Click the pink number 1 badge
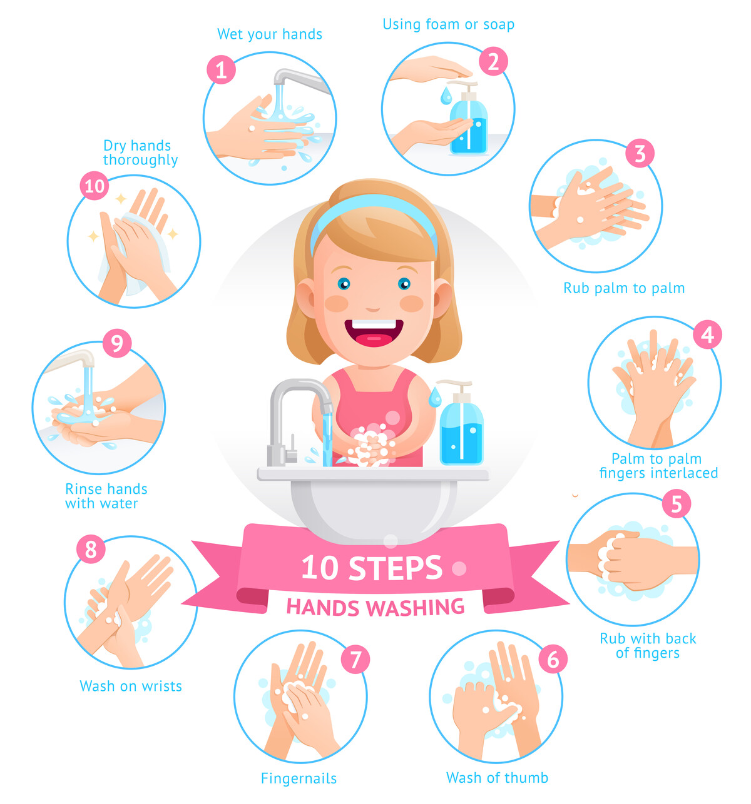click(221, 69)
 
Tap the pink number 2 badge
click(494, 61)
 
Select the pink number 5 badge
click(676, 504)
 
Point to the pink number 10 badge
click(95, 186)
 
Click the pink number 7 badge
click(355, 660)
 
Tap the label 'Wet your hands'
click(269, 34)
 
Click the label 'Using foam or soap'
click(448, 24)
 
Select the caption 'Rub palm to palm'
click(623, 288)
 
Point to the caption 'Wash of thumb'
click(497, 778)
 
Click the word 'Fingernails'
click(299, 778)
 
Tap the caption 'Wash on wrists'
click(131, 686)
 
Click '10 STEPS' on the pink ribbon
click(372, 568)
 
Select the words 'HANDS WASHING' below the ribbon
click(375, 607)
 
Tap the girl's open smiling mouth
click(374, 332)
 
